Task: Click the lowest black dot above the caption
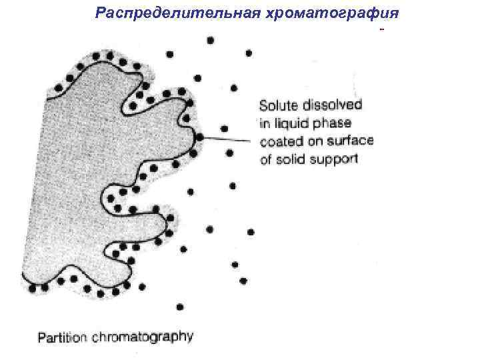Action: click(x=180, y=307)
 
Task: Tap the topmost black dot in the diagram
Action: click(x=211, y=40)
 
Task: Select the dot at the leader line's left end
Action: click(x=199, y=137)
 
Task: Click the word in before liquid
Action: click(x=265, y=123)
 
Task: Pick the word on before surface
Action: click(x=316, y=141)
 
